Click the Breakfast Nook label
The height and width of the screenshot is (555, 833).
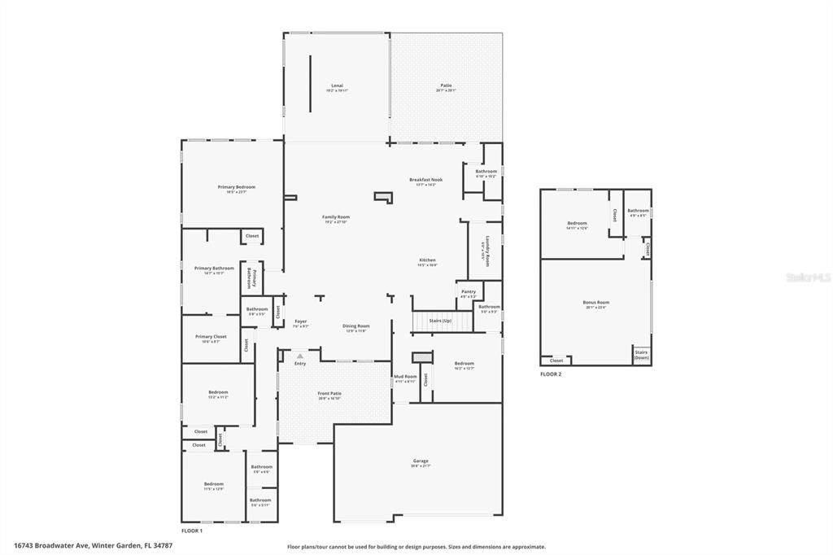[x=425, y=181]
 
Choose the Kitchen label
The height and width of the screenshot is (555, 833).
[x=427, y=262]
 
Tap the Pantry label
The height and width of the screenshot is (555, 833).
[x=468, y=293]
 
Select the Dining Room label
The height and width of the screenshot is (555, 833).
[x=356, y=328]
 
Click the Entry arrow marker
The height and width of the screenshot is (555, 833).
[x=300, y=356]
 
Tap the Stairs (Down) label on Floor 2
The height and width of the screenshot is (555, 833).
[x=641, y=355]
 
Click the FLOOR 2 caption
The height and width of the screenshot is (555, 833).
[x=551, y=374]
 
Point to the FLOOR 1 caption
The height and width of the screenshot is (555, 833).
[x=191, y=531]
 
